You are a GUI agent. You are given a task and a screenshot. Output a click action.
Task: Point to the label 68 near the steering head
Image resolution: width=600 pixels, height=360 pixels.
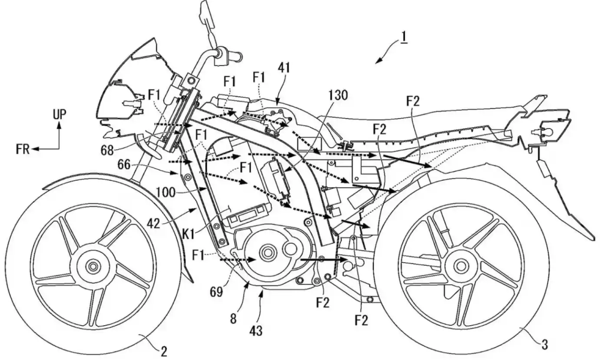[108, 150]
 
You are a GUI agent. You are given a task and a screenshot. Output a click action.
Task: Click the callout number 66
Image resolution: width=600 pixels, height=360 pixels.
[124, 165]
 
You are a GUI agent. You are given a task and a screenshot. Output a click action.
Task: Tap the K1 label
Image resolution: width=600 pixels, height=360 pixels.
[191, 234]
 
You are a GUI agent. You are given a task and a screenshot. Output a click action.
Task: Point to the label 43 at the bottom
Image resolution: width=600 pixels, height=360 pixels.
[256, 330]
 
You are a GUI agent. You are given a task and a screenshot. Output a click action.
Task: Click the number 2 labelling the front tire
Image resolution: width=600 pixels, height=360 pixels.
[164, 352]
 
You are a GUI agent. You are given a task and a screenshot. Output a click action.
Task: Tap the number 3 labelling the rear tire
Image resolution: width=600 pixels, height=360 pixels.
[545, 344]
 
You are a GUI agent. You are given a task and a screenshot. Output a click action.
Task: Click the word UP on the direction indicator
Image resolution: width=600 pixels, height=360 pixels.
[59, 114]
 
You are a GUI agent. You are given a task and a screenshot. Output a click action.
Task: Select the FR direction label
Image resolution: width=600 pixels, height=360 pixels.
[23, 149]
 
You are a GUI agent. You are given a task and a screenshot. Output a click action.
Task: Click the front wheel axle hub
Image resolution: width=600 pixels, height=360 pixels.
[92, 266]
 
